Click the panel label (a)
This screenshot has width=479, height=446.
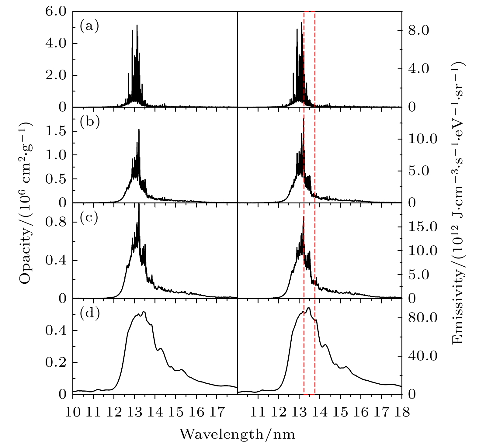tap(89, 26)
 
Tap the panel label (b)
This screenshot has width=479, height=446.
tap(89, 122)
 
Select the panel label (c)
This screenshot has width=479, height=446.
tap(89, 218)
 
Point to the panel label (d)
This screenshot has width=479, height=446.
tap(89, 314)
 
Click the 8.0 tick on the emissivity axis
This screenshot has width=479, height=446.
tap(418, 31)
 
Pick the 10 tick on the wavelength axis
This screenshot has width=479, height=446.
tap(73, 412)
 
